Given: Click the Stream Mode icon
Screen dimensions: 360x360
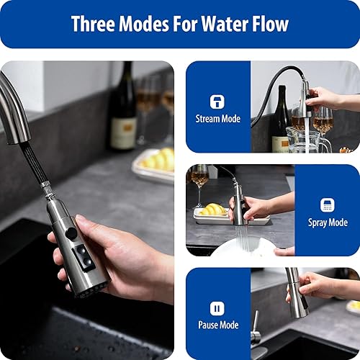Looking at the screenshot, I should click(217, 102).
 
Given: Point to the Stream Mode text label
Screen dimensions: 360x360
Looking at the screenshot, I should click(217, 119).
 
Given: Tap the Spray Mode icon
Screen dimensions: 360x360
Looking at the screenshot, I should click(328, 205).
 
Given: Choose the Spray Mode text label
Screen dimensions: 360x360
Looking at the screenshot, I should click(328, 222).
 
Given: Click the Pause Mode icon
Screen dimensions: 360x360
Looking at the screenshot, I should click(217, 308).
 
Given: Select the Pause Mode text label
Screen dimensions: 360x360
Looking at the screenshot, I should click(217, 325).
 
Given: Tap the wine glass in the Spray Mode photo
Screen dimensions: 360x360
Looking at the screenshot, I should click(199, 180).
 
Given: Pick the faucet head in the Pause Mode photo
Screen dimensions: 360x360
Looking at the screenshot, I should click(297, 292).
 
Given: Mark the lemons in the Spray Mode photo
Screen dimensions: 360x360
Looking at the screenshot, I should click(212, 210).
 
